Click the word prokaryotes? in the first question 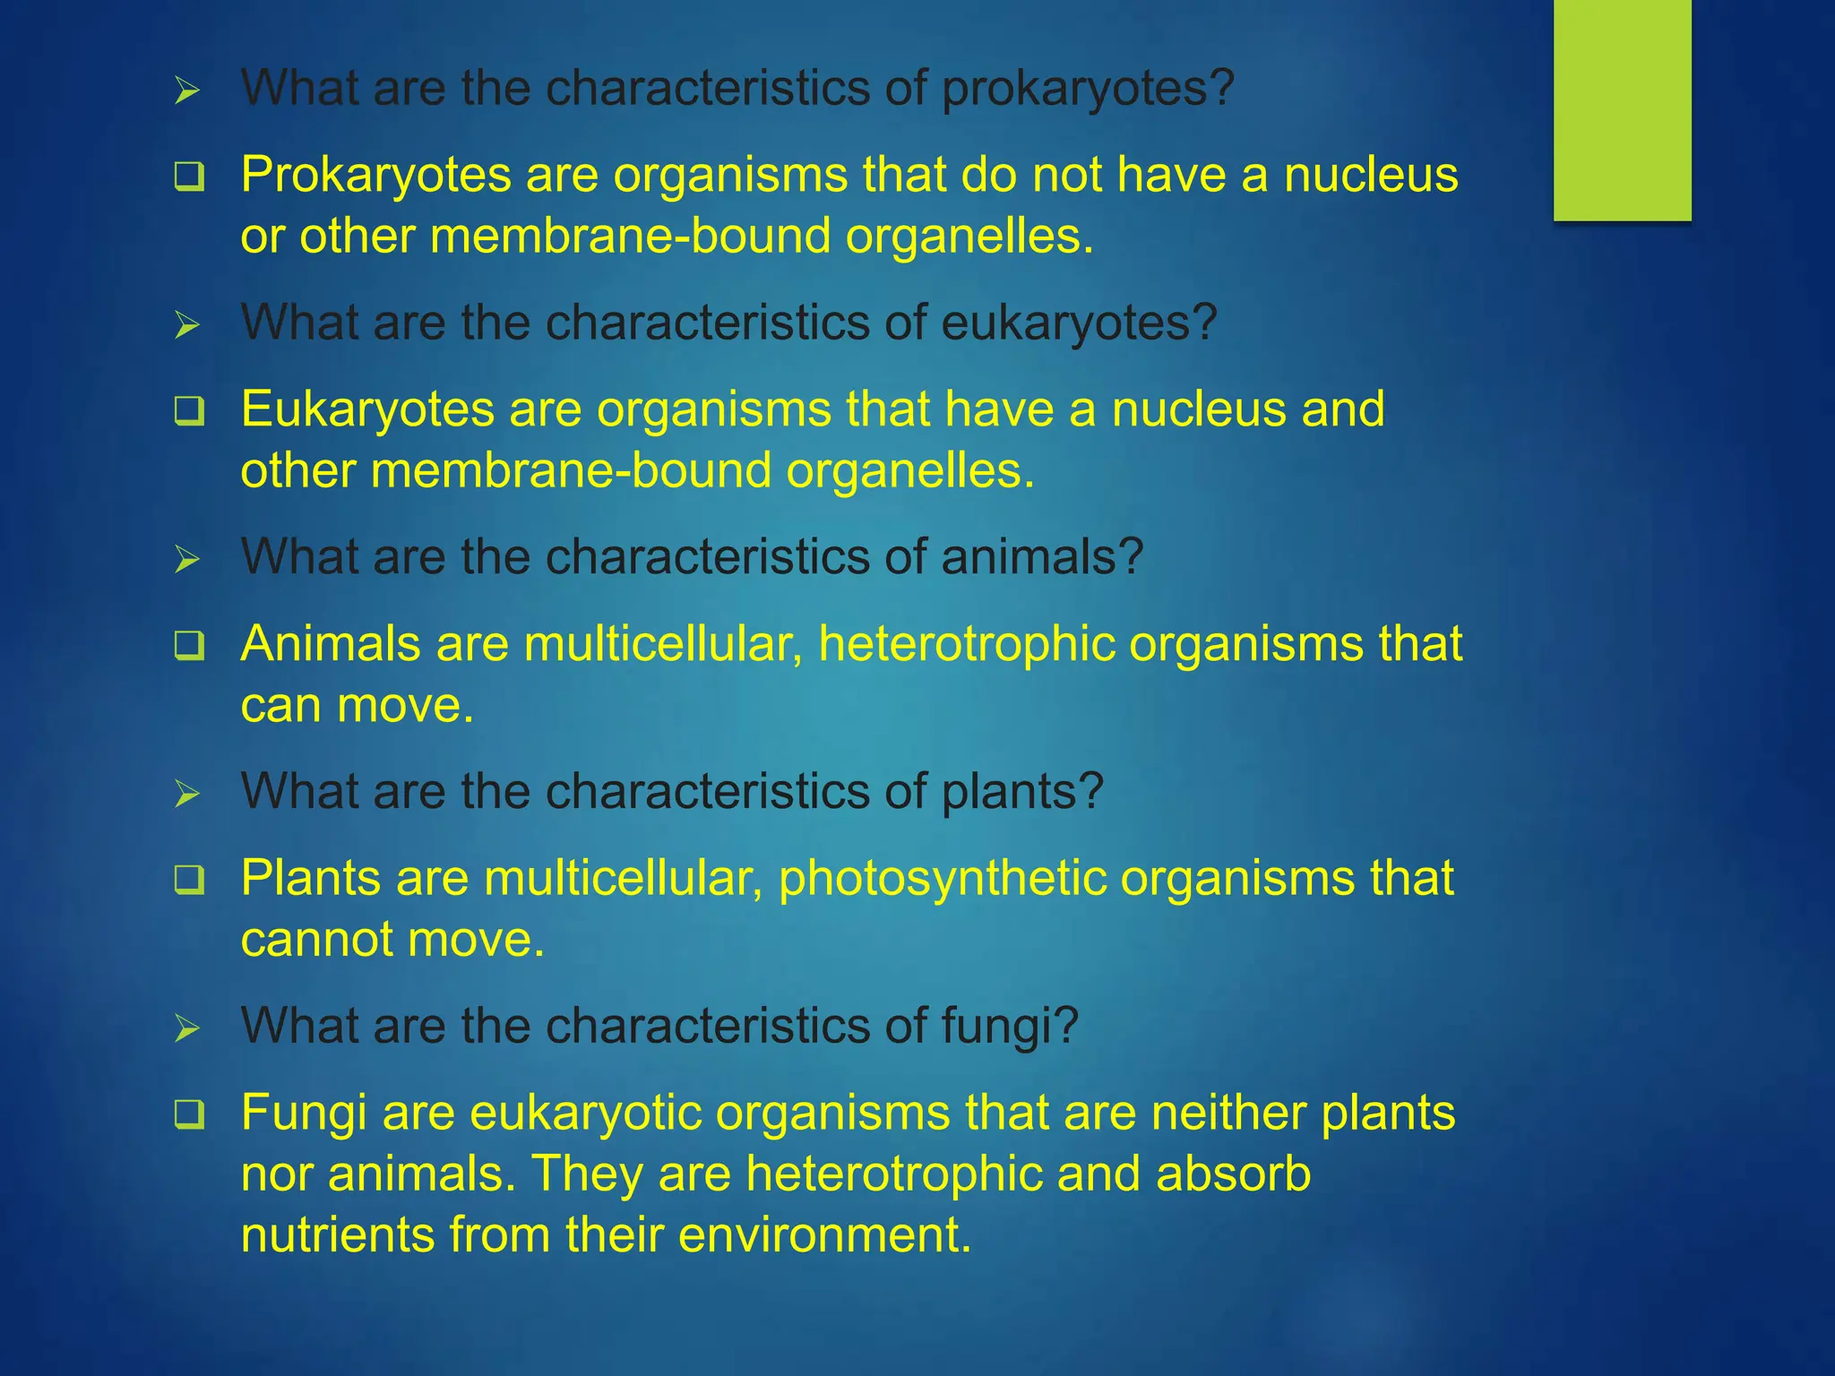[x=1088, y=89]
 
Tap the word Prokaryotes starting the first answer [x=375, y=175]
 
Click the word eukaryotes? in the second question [x=1079, y=323]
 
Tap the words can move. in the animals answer [x=357, y=705]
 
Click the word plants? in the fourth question [x=1021, y=792]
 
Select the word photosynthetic [x=943, y=879]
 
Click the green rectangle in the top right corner [x=1622, y=109]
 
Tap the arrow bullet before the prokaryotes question [x=186, y=90]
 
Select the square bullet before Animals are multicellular [x=189, y=646]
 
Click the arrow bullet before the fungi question [x=186, y=1028]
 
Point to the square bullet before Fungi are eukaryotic [x=189, y=1115]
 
